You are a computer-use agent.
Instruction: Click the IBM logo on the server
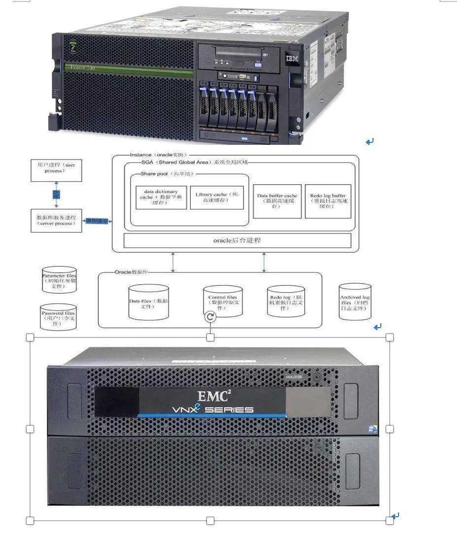tap(290, 59)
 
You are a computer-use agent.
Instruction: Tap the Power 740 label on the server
tap(83, 67)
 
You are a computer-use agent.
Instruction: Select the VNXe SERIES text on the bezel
tap(213, 409)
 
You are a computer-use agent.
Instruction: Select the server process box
tap(56, 220)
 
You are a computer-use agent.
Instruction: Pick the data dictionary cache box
tap(161, 197)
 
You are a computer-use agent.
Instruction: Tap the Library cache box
tap(217, 197)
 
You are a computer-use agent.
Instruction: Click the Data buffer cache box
tap(277, 201)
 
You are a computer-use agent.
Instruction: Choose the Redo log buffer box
tap(328, 201)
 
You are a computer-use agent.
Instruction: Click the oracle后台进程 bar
tap(237, 240)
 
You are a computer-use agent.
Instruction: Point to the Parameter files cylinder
tap(59, 280)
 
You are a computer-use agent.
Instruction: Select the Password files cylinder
tap(59, 316)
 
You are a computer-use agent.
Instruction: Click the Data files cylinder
tap(148, 301)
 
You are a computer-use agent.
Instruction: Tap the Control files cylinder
tap(223, 301)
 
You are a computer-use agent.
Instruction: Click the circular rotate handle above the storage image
tap(210, 317)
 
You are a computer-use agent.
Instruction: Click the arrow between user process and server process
tap(56, 195)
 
